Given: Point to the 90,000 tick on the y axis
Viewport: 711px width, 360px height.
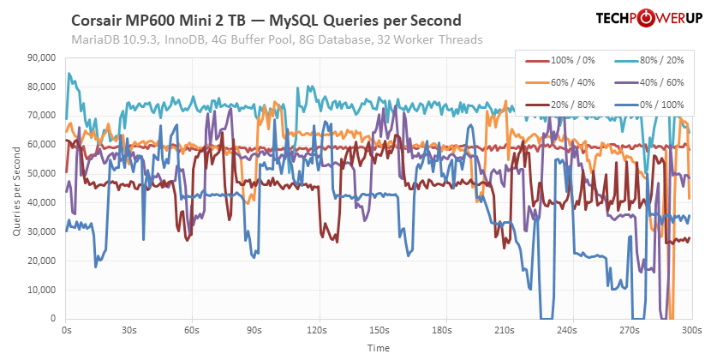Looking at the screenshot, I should click(x=42, y=58).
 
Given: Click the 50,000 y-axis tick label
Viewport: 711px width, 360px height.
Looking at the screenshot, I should click(x=42, y=174).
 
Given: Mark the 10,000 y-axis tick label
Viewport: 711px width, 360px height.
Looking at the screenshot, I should click(x=42, y=290).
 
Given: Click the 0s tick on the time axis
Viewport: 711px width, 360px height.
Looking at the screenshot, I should click(x=67, y=329).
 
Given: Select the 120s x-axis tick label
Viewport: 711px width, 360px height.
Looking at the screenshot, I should click(x=317, y=329).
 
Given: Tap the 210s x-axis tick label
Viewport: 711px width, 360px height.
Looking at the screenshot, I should click(x=505, y=329).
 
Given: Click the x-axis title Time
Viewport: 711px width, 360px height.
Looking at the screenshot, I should click(x=379, y=348).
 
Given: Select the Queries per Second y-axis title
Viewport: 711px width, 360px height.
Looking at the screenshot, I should click(x=12, y=189).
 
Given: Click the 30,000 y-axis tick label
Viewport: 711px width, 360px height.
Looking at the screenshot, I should click(x=42, y=232).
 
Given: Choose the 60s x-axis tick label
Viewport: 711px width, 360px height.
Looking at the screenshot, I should click(x=192, y=329).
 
